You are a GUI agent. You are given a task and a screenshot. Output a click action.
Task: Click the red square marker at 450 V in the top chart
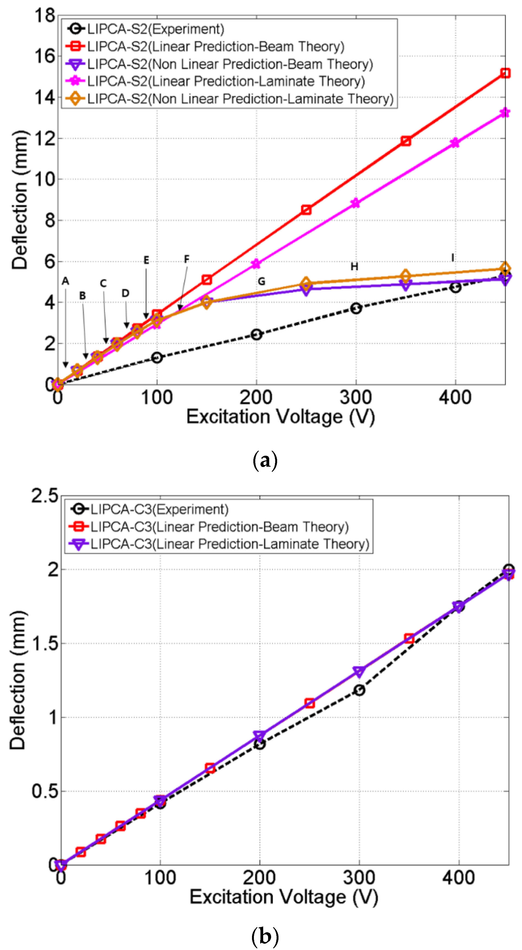(505, 73)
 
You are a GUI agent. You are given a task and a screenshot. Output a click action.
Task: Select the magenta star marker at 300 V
(355, 203)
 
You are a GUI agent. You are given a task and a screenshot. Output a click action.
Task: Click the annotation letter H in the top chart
(354, 267)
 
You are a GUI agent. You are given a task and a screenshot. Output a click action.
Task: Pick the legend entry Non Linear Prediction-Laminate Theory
(240, 99)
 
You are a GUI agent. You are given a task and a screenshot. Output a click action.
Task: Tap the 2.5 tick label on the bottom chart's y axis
(45, 496)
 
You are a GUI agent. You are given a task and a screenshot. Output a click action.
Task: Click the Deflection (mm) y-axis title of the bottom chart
(18, 680)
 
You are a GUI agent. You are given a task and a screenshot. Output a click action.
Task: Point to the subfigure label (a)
(265, 461)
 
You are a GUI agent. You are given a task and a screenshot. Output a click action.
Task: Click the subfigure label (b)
(265, 936)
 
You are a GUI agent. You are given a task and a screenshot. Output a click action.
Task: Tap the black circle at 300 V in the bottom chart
(359, 690)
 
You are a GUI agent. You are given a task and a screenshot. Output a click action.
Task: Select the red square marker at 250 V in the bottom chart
(310, 703)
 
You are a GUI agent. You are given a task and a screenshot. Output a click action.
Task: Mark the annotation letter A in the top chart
(65, 281)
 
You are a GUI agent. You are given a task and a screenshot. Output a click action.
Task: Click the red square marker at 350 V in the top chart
(406, 141)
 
